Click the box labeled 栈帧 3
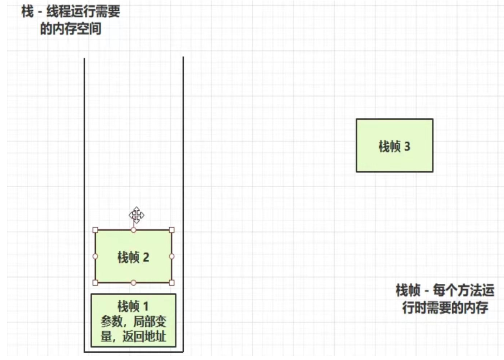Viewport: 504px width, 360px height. [394, 146]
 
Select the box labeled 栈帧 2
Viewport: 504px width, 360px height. [133, 257]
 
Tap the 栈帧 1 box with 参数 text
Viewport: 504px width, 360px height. [133, 320]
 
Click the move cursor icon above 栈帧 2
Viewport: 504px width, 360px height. [137, 215]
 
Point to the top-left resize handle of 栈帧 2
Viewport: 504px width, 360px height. [95, 230]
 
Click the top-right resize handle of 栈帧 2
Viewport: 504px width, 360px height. [171, 230]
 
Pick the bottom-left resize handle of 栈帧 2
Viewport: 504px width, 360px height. [95, 282]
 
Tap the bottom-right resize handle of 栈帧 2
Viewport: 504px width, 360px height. [171, 282]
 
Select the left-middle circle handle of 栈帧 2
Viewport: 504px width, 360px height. [95, 256]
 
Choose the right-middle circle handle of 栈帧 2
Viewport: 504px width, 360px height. [171, 256]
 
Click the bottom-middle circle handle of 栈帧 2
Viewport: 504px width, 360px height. [133, 282]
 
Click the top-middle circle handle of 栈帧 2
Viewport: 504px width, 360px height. [133, 230]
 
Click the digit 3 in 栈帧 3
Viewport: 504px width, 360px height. [407, 146]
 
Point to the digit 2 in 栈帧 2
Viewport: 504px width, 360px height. [146, 258]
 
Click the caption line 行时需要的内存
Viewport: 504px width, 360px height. [445, 308]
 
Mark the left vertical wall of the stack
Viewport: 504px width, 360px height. [84, 204]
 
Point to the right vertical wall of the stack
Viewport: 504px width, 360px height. [183, 204]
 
